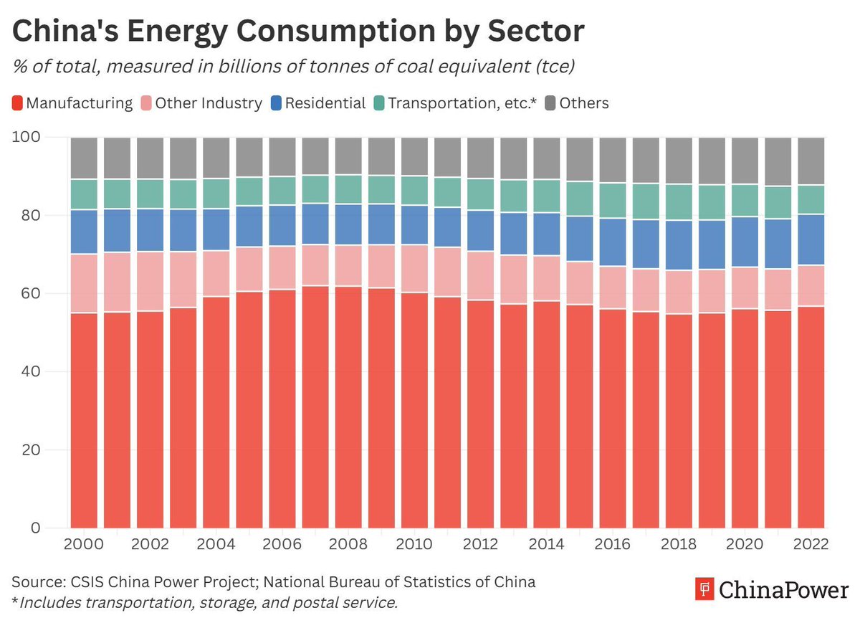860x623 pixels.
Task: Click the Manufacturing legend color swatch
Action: pyautogui.click(x=18, y=103)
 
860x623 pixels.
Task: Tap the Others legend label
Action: pyautogui.click(x=583, y=103)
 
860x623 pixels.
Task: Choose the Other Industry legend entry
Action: pyautogui.click(x=208, y=103)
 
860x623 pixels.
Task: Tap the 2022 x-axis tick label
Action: pyautogui.click(x=811, y=543)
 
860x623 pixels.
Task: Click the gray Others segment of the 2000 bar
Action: pyautogui.click(x=84, y=158)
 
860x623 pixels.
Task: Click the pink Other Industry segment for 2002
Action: pyautogui.click(x=150, y=281)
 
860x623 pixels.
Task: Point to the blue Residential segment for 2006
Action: pyautogui.click(x=282, y=225)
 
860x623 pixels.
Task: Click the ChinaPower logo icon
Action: pyautogui.click(x=704, y=591)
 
